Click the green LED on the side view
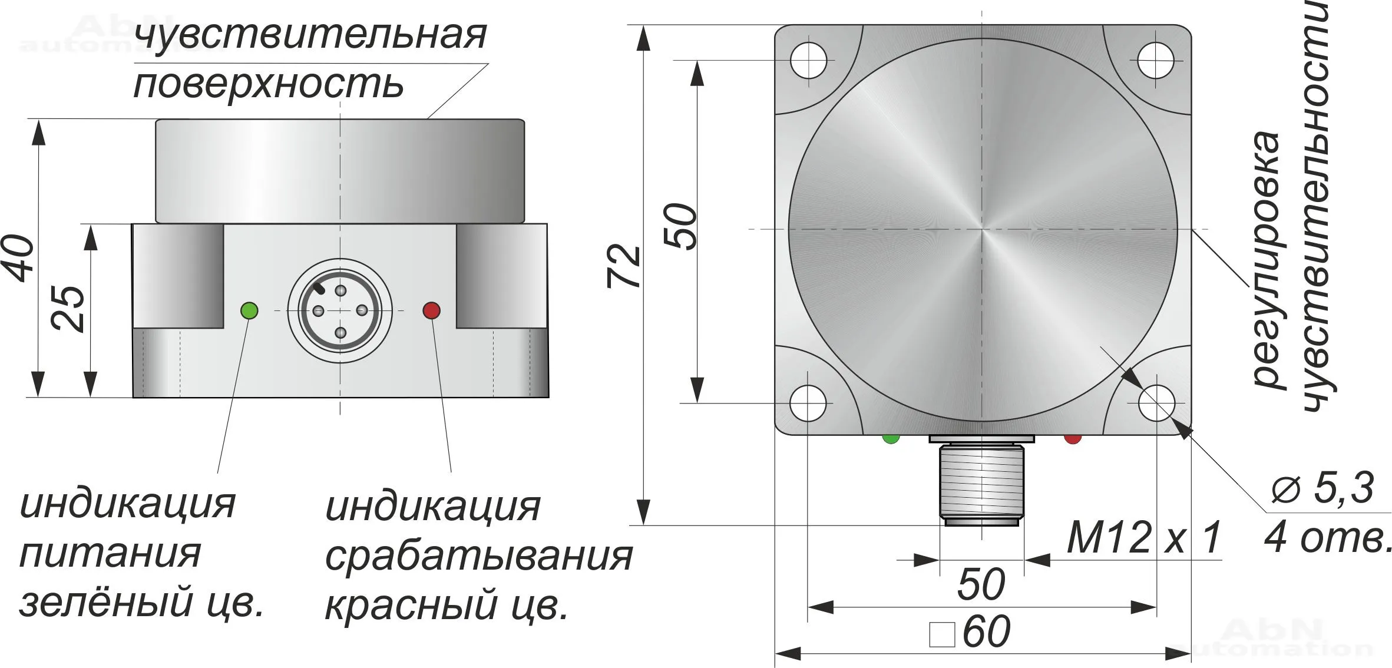click(x=249, y=310)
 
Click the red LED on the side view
click(x=432, y=310)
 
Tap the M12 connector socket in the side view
click(x=340, y=310)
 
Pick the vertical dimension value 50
click(x=681, y=226)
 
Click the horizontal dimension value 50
click(x=981, y=584)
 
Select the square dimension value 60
click(x=970, y=631)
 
